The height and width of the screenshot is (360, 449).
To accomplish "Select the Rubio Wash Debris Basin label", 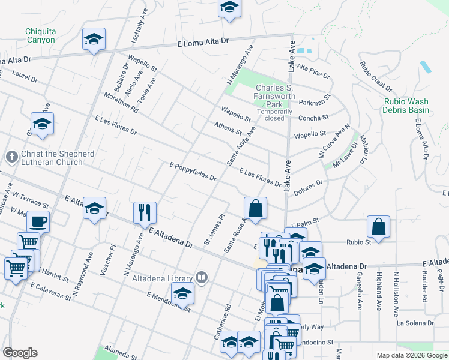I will click(406, 106).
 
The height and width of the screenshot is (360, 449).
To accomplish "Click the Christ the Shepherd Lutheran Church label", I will click(58, 158).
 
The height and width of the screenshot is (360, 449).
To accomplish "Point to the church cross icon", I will click(11, 157).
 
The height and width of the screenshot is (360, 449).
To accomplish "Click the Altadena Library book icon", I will click(202, 277).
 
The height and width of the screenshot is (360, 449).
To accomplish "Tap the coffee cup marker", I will click(38, 222).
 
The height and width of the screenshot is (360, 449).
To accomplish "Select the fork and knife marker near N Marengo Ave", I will click(145, 212).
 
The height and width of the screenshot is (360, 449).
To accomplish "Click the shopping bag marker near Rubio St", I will click(378, 227).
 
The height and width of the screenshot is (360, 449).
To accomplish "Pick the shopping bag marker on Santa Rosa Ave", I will click(255, 208).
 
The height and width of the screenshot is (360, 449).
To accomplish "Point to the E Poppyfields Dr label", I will click(193, 172).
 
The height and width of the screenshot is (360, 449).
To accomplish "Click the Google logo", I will click(20, 353).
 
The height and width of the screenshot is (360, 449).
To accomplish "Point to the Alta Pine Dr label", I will click(313, 73).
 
